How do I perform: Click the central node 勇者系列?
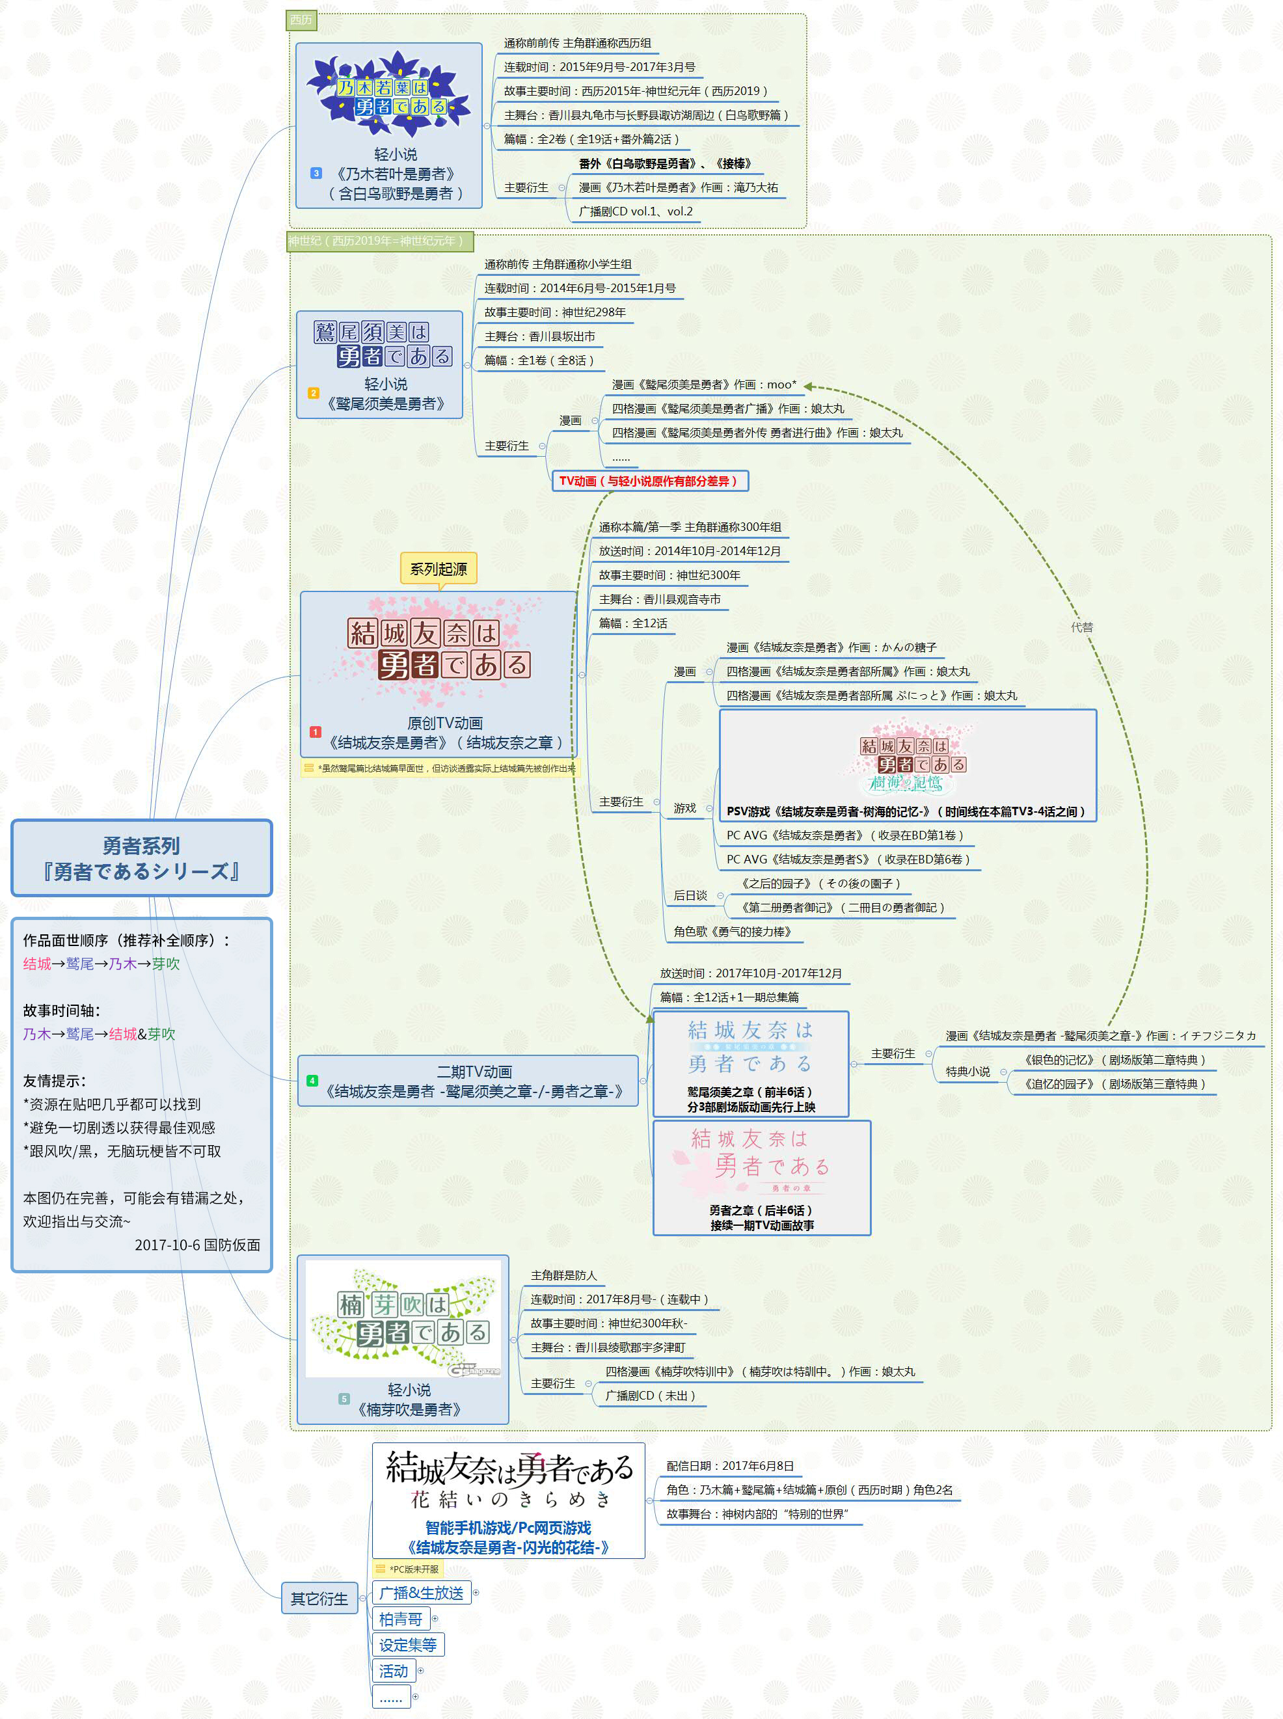click(x=141, y=858)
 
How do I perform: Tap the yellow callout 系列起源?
click(x=438, y=569)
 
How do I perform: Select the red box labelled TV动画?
click(x=649, y=481)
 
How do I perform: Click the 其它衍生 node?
click(x=319, y=1599)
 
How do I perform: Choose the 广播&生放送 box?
click(x=421, y=1592)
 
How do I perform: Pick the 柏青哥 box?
click(x=400, y=1619)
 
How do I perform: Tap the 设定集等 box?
click(x=408, y=1644)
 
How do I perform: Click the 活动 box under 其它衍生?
click(x=393, y=1670)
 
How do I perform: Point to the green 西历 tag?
click(x=301, y=20)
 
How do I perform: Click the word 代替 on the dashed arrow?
click(x=1081, y=627)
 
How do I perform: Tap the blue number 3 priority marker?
click(x=316, y=173)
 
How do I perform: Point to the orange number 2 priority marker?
click(x=313, y=393)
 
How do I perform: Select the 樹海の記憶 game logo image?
click(x=908, y=761)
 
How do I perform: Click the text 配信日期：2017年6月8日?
click(x=729, y=1466)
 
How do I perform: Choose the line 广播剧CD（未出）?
click(x=649, y=1395)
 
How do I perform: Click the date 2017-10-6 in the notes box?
click(x=165, y=1245)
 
